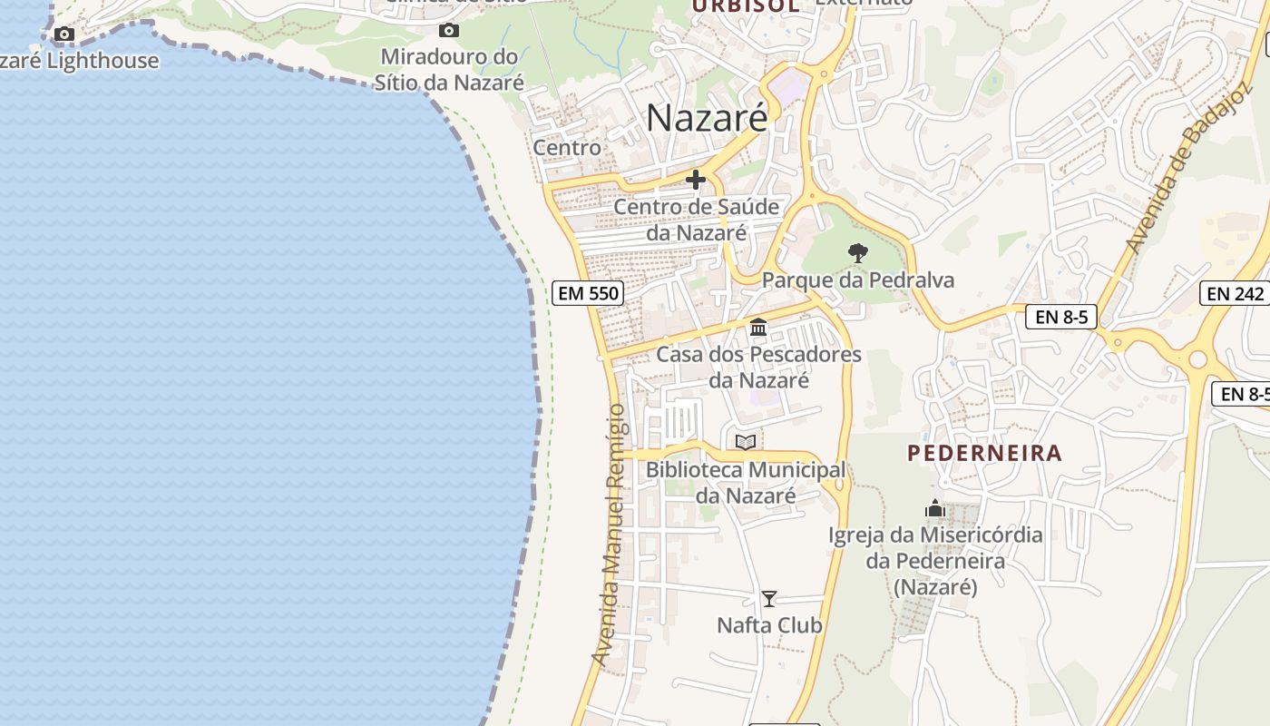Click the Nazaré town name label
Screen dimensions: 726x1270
point(707,118)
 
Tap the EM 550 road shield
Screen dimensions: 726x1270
point(587,293)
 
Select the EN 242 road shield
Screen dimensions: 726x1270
point(1236,293)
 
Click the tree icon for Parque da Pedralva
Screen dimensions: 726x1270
point(857,253)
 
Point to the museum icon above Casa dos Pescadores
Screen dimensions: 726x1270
point(758,327)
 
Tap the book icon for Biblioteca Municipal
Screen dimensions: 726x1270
point(746,443)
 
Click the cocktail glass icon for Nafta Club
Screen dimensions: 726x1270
point(769,598)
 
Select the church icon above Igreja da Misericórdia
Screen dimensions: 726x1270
point(935,508)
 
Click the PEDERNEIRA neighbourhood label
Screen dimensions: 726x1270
point(984,453)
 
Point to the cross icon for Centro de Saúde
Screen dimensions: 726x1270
point(696,180)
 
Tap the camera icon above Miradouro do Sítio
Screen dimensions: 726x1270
point(449,31)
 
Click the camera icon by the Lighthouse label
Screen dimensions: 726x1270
point(63,34)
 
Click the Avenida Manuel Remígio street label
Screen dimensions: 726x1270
point(609,535)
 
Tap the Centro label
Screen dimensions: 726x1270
point(567,147)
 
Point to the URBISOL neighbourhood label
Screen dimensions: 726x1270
point(745,5)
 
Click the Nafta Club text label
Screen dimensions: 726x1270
point(769,625)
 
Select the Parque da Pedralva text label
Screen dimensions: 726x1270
point(858,280)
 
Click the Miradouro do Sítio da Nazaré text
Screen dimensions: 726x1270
point(449,70)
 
